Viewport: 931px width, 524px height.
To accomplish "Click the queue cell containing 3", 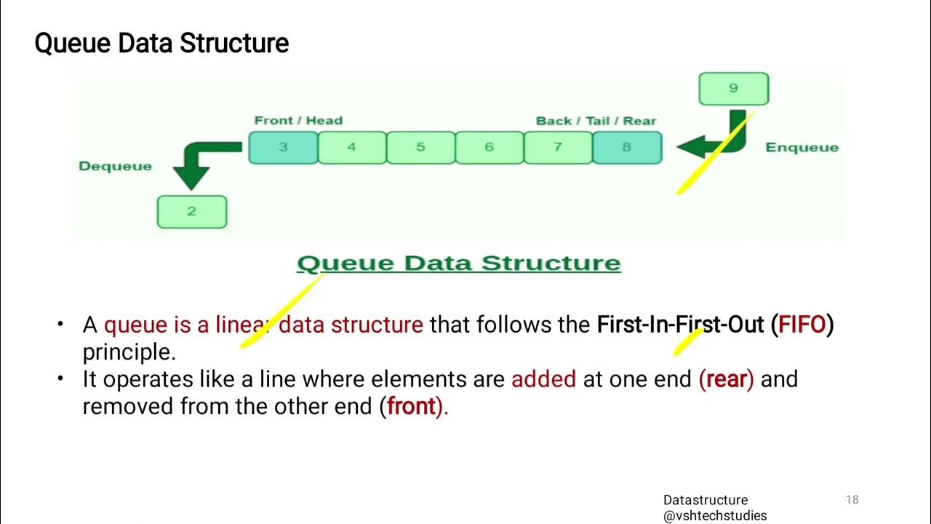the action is (283, 148).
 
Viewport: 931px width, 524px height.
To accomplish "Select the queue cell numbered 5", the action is (420, 148).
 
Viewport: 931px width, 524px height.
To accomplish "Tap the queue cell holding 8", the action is (627, 148).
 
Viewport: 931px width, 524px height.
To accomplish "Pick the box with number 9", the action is (733, 89).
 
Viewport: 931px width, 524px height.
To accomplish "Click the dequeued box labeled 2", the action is (192, 212).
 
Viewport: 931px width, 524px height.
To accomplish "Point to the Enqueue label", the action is (802, 148).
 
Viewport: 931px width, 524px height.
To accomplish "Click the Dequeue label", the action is (115, 166).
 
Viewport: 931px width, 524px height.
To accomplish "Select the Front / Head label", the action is (298, 121).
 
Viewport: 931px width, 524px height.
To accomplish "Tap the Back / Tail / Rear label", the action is (596, 121).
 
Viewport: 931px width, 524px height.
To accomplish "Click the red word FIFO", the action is (802, 325).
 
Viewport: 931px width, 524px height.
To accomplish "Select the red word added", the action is (543, 379).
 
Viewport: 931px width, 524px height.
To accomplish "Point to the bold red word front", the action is (411, 406).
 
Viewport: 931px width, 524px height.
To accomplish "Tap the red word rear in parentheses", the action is (726, 379).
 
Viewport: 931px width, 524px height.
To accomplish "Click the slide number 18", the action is (852, 500).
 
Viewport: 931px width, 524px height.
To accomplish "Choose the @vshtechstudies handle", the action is (714, 515).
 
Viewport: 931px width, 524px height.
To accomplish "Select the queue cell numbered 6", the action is (489, 148).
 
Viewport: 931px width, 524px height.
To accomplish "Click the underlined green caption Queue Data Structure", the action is (459, 263).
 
